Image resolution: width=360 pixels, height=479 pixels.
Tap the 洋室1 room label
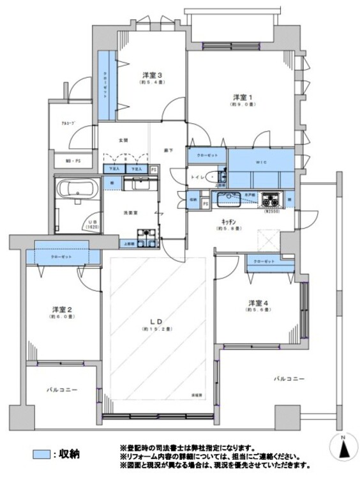click(x=243, y=96)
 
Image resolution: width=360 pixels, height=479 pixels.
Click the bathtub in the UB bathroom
click(x=75, y=190)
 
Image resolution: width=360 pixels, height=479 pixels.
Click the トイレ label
click(x=198, y=176)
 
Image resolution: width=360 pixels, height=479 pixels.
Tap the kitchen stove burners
click(x=272, y=198)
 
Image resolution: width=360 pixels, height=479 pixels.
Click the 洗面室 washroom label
click(x=131, y=213)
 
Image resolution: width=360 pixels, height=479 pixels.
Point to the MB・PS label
click(x=71, y=161)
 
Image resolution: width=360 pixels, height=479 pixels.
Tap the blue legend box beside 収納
click(x=41, y=454)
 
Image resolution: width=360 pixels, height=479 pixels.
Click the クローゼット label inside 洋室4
click(x=264, y=262)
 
